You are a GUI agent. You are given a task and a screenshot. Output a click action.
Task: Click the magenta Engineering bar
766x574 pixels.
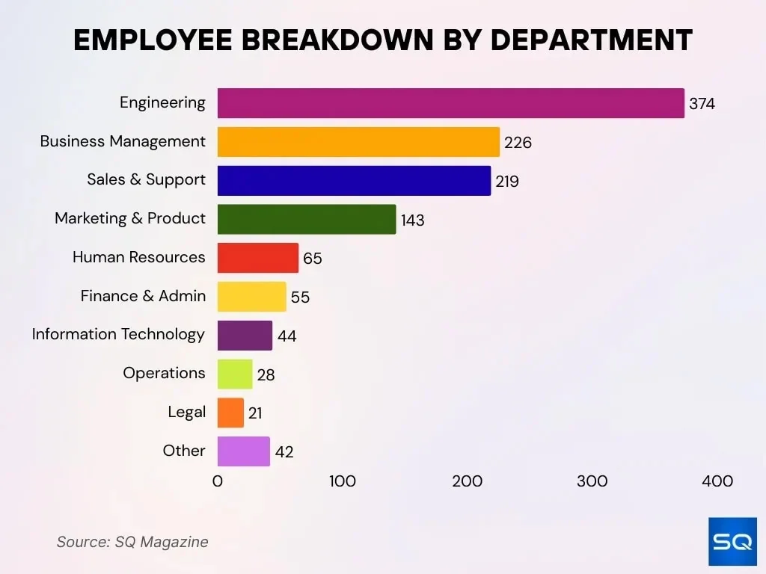point(450,103)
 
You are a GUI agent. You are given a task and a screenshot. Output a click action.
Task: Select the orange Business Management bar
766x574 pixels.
point(358,142)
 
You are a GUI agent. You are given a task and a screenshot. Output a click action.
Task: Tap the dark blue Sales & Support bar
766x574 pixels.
point(354,181)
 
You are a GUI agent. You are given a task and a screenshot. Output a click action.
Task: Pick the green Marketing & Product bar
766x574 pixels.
point(307,219)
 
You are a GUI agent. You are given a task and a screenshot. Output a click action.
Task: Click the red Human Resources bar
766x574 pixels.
point(258,258)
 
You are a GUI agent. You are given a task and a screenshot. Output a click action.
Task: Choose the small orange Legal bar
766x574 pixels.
point(230,413)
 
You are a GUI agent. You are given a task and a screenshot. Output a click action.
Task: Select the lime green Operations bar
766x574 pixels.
point(235,374)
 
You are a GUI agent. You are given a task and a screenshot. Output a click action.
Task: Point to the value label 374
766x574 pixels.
point(702,104)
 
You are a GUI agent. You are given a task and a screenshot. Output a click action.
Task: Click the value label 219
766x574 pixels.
point(506,182)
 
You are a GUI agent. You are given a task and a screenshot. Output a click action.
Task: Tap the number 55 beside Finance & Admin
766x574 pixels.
point(300,297)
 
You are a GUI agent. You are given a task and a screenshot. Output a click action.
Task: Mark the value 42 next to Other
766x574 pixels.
point(284,452)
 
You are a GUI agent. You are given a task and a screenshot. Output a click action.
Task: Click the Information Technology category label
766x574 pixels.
point(118,334)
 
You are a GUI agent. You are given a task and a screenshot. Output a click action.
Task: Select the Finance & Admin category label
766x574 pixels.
point(143,296)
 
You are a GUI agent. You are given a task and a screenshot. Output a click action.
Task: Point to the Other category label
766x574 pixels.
point(184,451)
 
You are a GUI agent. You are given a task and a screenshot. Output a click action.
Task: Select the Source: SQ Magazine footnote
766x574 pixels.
point(132,542)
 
